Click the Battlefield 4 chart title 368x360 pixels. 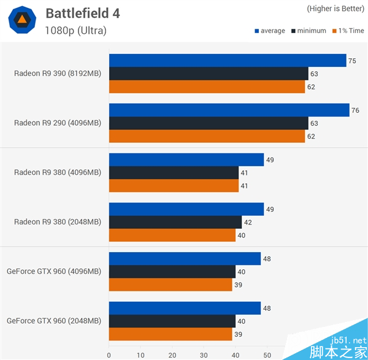(91, 13)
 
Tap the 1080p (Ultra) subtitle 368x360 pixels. (75, 30)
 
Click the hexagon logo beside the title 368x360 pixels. (21, 20)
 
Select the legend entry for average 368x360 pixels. (269, 31)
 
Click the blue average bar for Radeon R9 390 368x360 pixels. (227, 60)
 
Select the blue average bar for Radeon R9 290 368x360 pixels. (229, 110)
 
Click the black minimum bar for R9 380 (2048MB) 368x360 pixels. (175, 222)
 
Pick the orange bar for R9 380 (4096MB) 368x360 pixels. (174, 186)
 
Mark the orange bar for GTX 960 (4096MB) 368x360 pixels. (171, 285)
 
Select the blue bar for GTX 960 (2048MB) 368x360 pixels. (185, 308)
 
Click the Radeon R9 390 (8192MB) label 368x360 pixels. (58, 74)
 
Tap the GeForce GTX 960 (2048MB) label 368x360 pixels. (54, 321)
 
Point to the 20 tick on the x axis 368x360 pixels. (172, 354)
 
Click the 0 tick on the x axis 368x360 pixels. (109, 354)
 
